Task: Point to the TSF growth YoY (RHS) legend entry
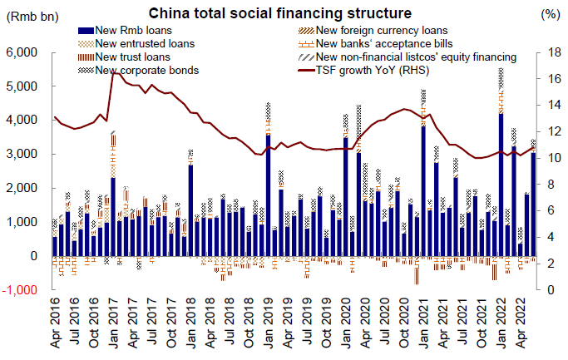[x=378, y=70]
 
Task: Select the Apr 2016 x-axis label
[x=55, y=326]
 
